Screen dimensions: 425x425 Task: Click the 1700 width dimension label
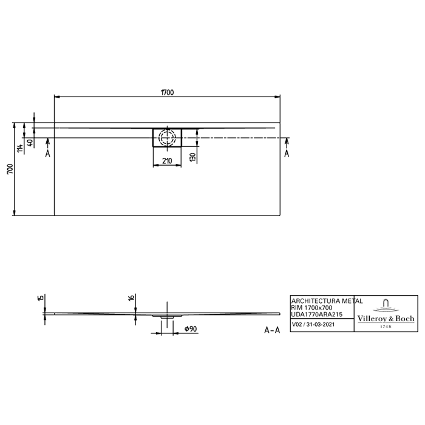[x=167, y=92]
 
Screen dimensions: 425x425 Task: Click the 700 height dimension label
[x=10, y=169]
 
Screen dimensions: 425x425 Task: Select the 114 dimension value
[x=20, y=148]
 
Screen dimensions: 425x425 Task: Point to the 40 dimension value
[x=31, y=143]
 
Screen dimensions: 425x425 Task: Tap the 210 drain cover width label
[x=167, y=161]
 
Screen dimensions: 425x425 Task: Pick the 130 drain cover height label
[x=192, y=157]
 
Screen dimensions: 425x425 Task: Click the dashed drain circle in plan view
[x=167, y=137]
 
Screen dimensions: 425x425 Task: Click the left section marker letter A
[x=48, y=154]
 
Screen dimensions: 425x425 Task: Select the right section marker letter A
[x=287, y=154]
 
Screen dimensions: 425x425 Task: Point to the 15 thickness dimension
[x=41, y=298]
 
